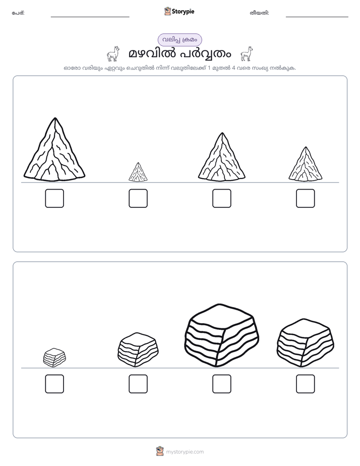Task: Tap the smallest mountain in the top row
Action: pos(138,172)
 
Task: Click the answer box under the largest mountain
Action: pos(54,198)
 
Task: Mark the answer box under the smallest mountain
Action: pos(138,198)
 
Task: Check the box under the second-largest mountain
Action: pos(221,198)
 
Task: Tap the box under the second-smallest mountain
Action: pos(306,198)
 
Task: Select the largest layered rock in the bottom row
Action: pos(221,335)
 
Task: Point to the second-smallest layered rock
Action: pos(138,350)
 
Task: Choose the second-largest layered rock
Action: pos(306,342)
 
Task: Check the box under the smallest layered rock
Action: pos(54,384)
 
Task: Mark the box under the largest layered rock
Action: pos(221,384)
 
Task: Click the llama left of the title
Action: pos(113,54)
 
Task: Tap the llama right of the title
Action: pos(247,54)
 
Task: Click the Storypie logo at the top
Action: pos(179,11)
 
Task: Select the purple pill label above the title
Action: pos(179,40)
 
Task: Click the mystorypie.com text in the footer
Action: pos(185,452)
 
